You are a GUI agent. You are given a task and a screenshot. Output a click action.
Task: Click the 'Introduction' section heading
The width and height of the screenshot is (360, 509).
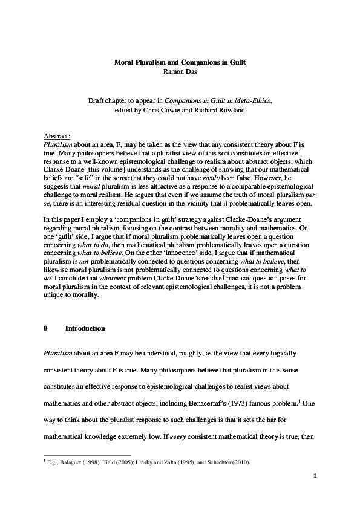(x=85, y=328)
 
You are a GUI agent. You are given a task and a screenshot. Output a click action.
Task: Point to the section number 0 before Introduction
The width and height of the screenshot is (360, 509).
(x=46, y=328)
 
